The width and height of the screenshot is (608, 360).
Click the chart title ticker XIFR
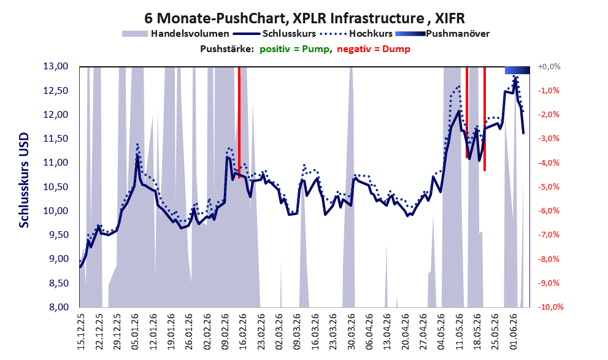coord(450,18)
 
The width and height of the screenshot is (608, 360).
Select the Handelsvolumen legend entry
coord(175,34)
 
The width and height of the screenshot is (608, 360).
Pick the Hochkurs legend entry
coord(356,34)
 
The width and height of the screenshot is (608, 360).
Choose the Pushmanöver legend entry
coord(442,34)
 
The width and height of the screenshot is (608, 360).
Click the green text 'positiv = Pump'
coord(294,49)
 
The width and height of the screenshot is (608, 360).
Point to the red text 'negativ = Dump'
coord(374,49)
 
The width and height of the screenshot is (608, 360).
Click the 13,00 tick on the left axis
coord(56,66)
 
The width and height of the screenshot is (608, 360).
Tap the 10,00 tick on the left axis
coord(56,211)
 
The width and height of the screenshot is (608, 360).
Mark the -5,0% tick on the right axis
coord(548,187)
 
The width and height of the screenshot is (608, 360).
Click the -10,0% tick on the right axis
coord(550,307)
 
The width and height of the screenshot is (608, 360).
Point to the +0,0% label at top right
coord(548,67)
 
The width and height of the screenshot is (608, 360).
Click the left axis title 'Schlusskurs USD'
coord(24,180)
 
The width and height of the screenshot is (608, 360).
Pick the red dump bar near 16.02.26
coord(239,121)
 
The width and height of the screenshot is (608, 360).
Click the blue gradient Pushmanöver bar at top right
coord(517,70)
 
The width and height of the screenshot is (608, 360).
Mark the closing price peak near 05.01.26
coord(137,155)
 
